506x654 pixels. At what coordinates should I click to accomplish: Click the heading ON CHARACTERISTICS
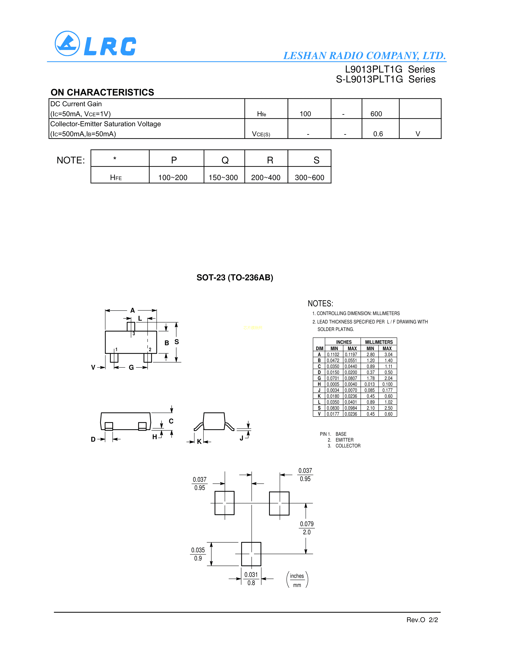102,92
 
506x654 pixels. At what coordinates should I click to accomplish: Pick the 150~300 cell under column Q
223,178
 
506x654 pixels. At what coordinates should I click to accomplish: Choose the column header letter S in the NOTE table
316,160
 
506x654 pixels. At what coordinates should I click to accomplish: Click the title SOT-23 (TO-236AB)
235,278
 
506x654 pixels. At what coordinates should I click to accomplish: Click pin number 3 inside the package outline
134,334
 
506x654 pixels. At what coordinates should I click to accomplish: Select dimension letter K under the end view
199,441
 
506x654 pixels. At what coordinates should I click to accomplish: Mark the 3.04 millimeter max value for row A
388,355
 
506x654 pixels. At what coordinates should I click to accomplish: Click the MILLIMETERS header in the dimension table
379,342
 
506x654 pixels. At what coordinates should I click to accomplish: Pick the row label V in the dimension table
319,414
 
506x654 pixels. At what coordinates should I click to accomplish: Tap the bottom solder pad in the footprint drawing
251,554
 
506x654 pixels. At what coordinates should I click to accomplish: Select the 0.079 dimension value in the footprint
307,524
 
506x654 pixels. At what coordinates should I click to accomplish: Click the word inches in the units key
297,576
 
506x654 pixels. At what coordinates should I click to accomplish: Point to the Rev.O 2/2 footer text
422,620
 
